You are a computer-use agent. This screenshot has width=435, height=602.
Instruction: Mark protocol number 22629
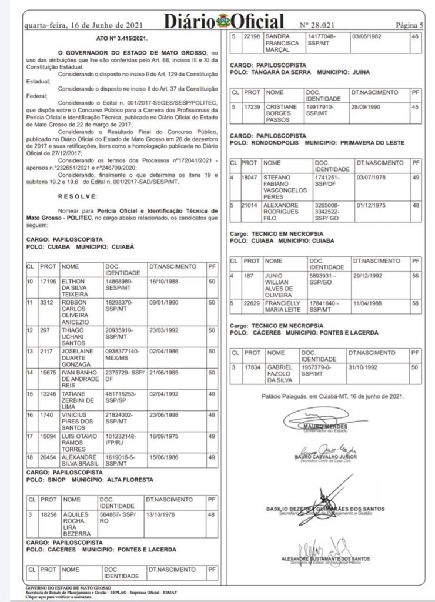tap(252, 303)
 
